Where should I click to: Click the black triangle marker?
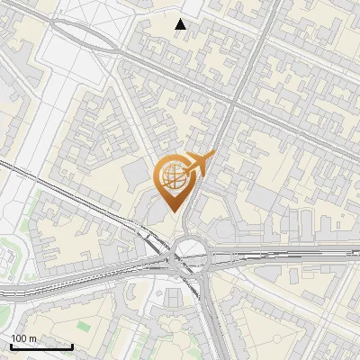181,24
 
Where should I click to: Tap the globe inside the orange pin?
175,175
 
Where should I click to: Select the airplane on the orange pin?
199,164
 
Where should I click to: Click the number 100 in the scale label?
17,338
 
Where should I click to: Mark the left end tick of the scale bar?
11,346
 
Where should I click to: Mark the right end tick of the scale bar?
72,346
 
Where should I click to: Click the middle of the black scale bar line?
41,346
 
